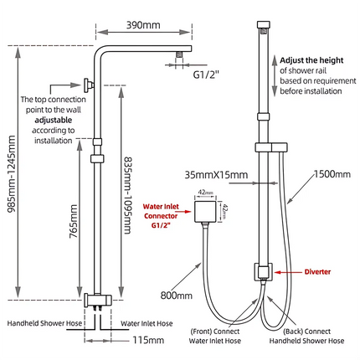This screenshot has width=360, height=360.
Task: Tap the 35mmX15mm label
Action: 220,175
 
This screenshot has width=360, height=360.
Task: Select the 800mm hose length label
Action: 177,295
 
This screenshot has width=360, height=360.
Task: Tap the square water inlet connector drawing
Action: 204,212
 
